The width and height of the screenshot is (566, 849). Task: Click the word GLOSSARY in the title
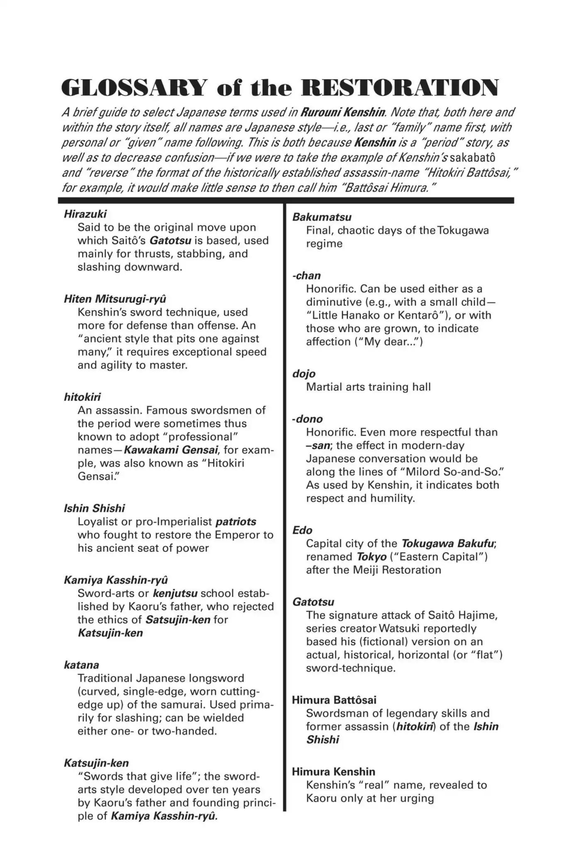click(x=133, y=88)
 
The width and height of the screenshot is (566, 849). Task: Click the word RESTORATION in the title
click(x=400, y=88)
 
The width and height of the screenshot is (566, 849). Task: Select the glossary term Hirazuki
click(x=85, y=214)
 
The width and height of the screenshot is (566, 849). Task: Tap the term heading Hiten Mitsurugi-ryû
click(x=115, y=299)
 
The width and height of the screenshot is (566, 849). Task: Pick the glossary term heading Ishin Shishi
click(x=94, y=508)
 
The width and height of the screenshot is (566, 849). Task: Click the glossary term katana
click(x=81, y=665)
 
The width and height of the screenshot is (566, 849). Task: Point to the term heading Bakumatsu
click(x=322, y=217)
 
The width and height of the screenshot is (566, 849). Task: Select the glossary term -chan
click(x=306, y=276)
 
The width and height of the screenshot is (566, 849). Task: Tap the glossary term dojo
click(x=304, y=374)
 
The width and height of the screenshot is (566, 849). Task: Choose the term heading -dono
click(x=307, y=419)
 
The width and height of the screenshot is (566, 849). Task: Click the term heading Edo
click(x=302, y=530)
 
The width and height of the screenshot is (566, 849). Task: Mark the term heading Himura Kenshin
click(x=333, y=771)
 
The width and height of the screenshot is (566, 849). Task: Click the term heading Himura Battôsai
click(x=334, y=700)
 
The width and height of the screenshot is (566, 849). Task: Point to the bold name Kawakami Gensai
click(x=171, y=450)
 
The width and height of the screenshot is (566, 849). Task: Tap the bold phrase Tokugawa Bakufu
click(x=448, y=543)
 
